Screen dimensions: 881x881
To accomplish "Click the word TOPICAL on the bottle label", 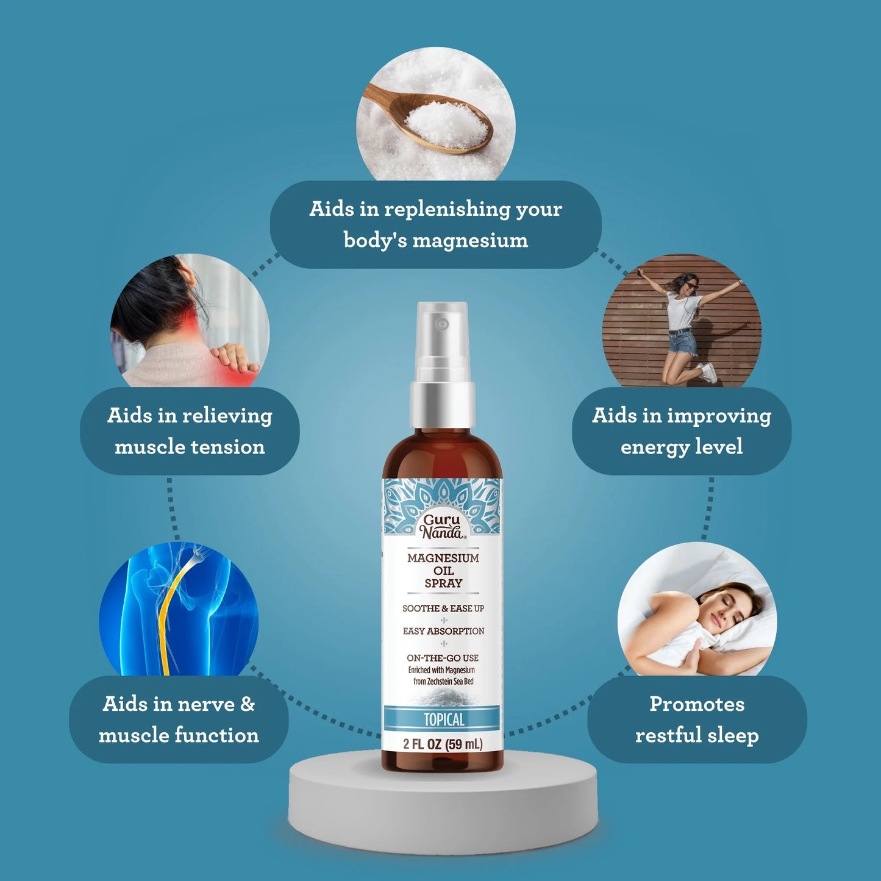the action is coord(444,719).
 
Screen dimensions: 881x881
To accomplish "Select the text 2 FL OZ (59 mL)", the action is coord(443,744).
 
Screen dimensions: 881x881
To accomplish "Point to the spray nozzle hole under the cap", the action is coord(441,324).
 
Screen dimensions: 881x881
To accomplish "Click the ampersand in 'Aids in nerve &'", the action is coord(248,704).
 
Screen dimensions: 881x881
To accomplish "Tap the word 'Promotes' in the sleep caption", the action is coord(697,705).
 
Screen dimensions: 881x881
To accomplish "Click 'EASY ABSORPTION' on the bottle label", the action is coord(443,632).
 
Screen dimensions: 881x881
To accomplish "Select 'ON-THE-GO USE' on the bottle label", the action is coord(443,658).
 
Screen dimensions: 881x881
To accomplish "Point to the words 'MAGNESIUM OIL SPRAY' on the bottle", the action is coord(443,571).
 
